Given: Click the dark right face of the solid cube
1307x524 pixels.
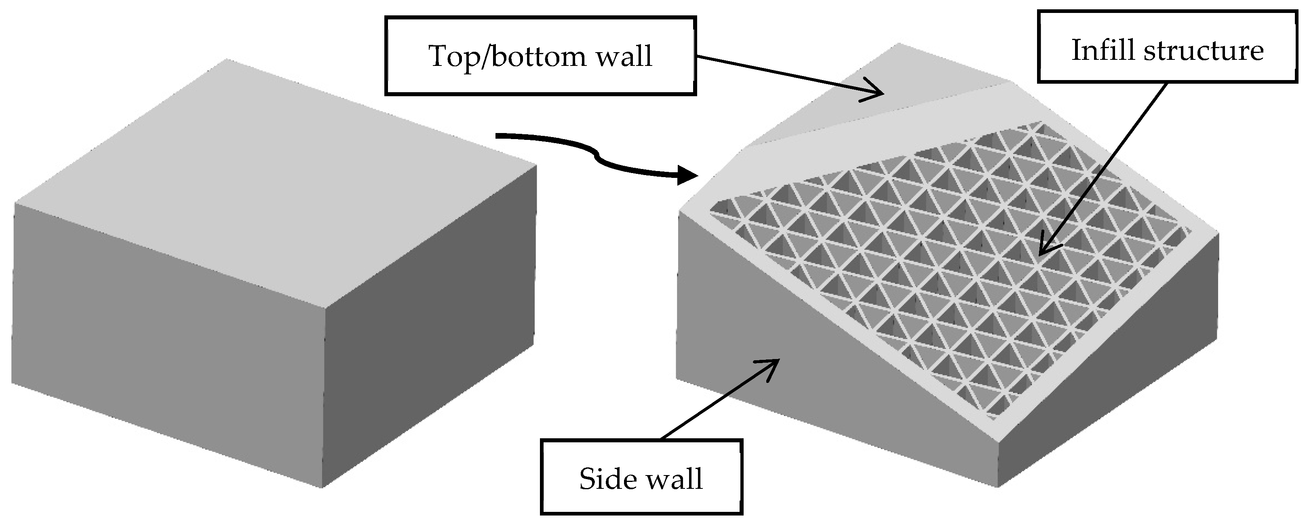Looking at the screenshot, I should (429, 325).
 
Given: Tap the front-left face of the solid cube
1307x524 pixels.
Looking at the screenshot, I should (167, 345).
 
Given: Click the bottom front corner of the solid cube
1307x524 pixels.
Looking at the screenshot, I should (322, 486).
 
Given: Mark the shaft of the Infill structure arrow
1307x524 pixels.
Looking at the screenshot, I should (1106, 163).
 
